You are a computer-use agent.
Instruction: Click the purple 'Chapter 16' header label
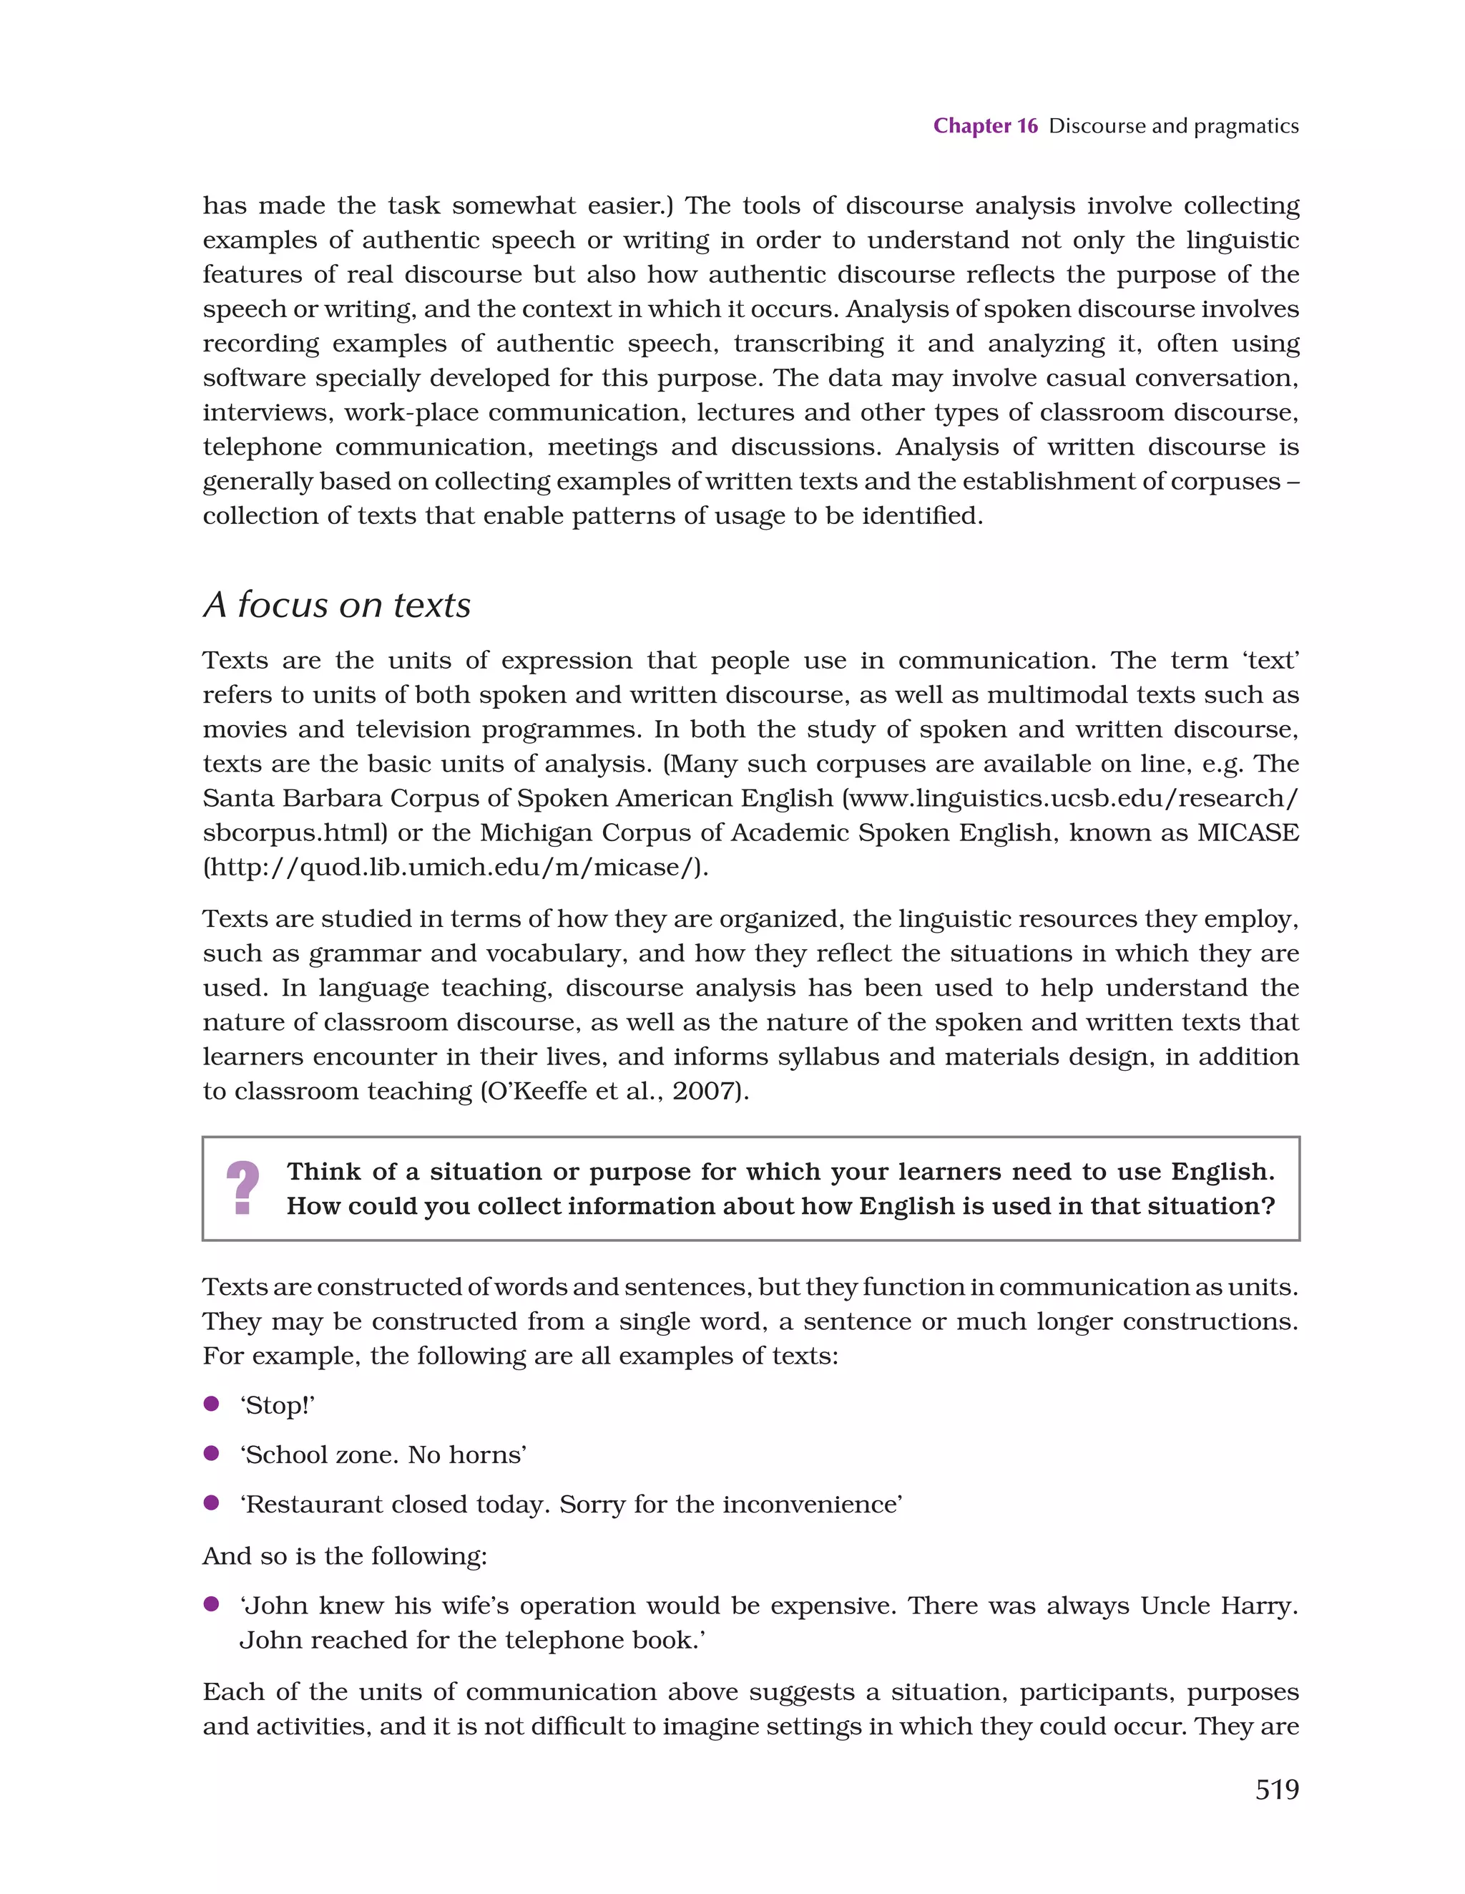(985, 126)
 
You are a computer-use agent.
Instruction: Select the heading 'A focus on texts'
(336, 604)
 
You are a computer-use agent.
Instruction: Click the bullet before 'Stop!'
(210, 1404)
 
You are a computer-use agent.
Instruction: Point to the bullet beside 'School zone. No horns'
(210, 1454)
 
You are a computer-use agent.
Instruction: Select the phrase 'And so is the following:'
(345, 1556)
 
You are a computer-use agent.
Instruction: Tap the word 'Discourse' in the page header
(1097, 126)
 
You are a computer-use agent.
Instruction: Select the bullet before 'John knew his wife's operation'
(210, 1604)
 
